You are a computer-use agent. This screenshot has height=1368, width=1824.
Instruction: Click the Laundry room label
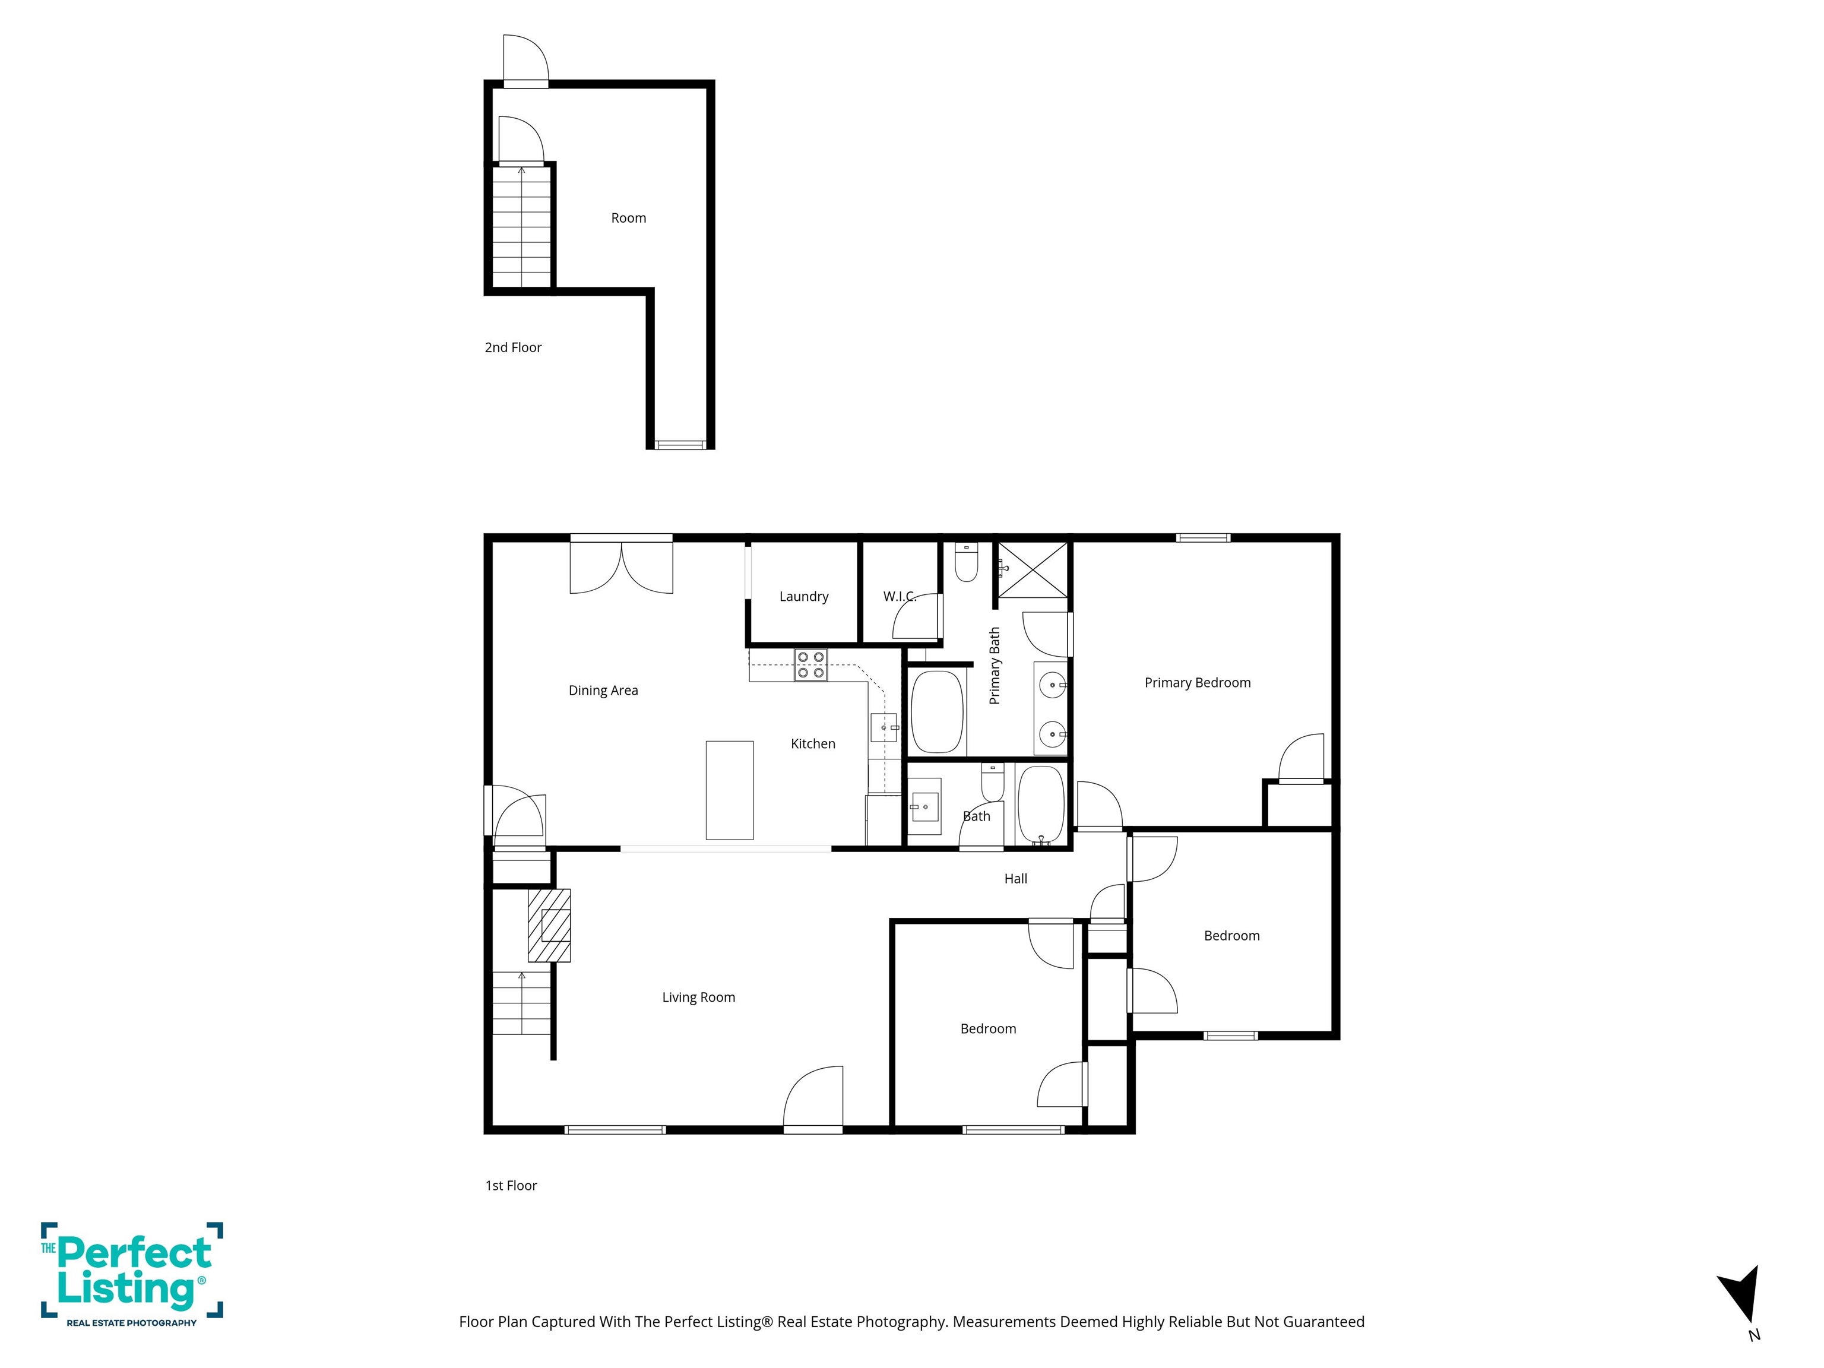(x=803, y=596)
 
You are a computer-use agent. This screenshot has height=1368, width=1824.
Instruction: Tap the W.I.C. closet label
(x=899, y=596)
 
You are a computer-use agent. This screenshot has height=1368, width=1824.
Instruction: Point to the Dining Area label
(x=603, y=690)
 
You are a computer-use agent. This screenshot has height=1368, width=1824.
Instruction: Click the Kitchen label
(x=812, y=744)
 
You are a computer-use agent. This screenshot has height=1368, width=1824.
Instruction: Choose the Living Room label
(x=698, y=997)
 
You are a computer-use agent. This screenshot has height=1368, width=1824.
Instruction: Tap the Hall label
(x=1015, y=879)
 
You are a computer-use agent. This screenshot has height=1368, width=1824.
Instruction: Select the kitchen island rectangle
(x=729, y=790)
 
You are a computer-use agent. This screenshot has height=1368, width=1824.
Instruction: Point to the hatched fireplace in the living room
(x=549, y=925)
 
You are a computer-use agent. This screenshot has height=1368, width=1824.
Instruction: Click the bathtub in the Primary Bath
(x=938, y=712)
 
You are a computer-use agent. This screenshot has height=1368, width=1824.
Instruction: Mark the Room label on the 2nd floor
(x=628, y=218)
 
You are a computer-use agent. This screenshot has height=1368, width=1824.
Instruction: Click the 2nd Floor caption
(x=513, y=348)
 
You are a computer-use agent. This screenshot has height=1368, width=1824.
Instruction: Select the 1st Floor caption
(x=511, y=1186)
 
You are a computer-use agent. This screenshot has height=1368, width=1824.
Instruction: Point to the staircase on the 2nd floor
(x=521, y=227)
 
